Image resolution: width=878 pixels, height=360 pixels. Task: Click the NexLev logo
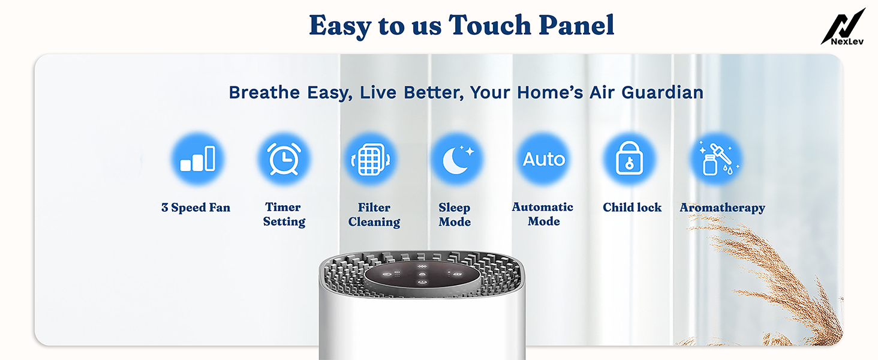(843, 26)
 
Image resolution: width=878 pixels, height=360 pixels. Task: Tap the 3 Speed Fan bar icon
(197, 159)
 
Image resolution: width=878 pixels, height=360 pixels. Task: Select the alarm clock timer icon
(284, 159)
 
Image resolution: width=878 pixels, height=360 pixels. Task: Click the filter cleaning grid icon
(371, 159)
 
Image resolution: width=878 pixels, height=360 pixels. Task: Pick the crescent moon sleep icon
(457, 159)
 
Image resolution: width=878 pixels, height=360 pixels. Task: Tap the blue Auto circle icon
(544, 159)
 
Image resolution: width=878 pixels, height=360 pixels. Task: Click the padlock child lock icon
(630, 159)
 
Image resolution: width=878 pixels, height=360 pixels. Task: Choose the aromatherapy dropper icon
(716, 159)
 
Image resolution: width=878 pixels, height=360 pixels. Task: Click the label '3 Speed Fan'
(196, 208)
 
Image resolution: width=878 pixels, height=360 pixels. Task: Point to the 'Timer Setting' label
(284, 214)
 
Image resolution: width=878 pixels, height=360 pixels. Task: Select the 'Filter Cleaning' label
(374, 215)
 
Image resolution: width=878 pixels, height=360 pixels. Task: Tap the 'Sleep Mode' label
(455, 215)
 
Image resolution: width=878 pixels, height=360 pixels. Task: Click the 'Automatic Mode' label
(543, 214)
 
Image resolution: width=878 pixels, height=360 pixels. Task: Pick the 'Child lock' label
(632, 207)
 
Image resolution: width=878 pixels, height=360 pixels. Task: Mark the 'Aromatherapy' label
(723, 208)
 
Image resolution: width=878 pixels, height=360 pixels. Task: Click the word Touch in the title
(489, 25)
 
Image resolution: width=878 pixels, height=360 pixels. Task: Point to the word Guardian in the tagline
(663, 92)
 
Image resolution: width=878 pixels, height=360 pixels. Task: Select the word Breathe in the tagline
(264, 92)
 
